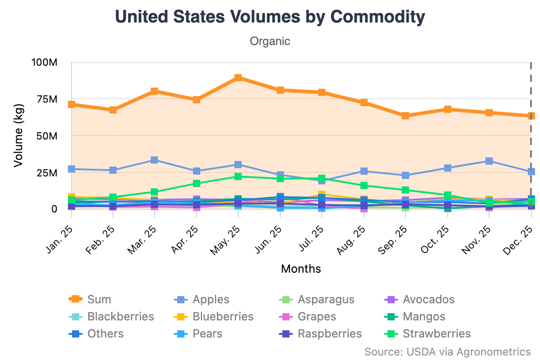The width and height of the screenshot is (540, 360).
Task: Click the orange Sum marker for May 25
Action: point(238,78)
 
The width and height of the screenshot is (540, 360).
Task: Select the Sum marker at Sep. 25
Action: point(405,116)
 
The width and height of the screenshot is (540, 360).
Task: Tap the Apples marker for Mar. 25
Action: point(154,160)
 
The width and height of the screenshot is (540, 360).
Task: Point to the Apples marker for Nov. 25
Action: point(489,161)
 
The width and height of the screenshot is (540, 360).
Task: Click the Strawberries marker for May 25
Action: point(238,176)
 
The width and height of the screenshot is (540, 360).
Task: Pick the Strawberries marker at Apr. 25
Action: point(196,183)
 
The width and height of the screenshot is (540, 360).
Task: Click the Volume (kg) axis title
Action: point(18,135)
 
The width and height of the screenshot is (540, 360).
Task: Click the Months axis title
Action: point(301,269)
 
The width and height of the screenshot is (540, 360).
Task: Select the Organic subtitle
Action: point(270,41)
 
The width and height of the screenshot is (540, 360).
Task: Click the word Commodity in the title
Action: point(377,17)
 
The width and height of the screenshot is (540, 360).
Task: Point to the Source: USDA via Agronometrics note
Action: point(447,351)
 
